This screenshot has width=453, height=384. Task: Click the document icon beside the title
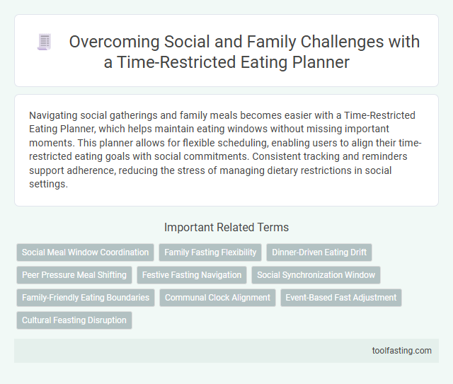[x=44, y=42]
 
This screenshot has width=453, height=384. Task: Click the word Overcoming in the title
[x=108, y=42]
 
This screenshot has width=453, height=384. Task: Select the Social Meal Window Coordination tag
[x=86, y=252]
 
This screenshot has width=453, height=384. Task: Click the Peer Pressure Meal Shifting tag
[x=74, y=275]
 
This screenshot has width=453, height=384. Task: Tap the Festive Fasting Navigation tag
[x=192, y=275]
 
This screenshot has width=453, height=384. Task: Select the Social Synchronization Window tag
[x=316, y=275]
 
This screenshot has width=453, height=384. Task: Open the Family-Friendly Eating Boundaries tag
[x=86, y=298]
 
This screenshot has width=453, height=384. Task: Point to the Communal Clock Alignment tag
[x=217, y=298]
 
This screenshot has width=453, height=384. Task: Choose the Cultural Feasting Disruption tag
[x=74, y=320]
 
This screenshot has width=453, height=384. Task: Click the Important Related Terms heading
[x=226, y=227]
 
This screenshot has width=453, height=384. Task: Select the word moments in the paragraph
[x=52, y=142]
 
